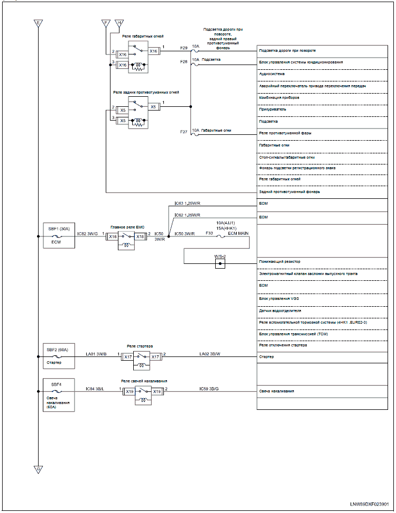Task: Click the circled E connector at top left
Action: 38,23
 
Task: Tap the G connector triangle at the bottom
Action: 38,469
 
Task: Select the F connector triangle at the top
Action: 106,23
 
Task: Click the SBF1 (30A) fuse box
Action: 58,235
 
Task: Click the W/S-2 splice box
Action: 220,263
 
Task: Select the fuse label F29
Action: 184,48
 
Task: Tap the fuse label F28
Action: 184,62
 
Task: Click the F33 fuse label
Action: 209,233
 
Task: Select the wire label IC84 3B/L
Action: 95,389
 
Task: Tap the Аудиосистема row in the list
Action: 271,74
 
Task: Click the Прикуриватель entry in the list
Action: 273,109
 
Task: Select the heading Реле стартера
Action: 140,346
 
